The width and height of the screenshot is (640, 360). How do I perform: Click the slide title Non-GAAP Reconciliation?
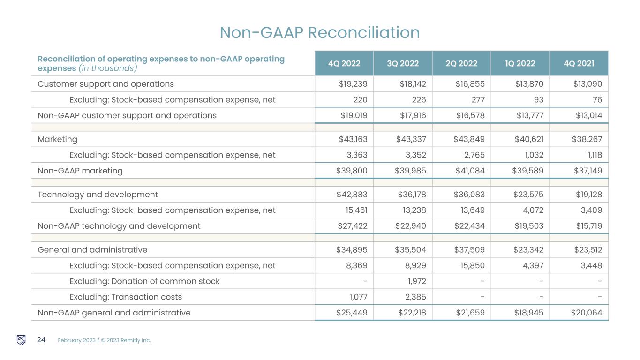tap(320, 33)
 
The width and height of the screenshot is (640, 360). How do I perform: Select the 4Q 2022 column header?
tap(344, 64)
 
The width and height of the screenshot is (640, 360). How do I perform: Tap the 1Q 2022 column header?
tap(520, 64)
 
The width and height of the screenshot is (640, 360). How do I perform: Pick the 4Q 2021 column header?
tap(578, 64)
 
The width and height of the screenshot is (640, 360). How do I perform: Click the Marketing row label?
tap(57, 139)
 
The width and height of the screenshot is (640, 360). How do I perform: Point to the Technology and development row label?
tap(98, 195)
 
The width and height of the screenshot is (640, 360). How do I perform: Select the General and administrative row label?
tap(92, 250)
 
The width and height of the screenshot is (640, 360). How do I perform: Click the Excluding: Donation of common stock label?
tap(144, 281)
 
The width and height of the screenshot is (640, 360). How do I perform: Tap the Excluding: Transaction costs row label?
tap(126, 297)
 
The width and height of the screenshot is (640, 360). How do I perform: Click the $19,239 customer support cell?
tap(353, 84)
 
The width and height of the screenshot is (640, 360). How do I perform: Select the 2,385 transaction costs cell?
tap(415, 297)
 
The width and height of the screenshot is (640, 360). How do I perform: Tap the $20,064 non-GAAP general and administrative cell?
tap(587, 313)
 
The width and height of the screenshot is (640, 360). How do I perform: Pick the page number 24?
tap(41, 340)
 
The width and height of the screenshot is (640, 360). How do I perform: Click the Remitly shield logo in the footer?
tap(21, 340)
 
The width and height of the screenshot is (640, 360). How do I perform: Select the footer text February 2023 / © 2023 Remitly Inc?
tap(104, 340)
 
